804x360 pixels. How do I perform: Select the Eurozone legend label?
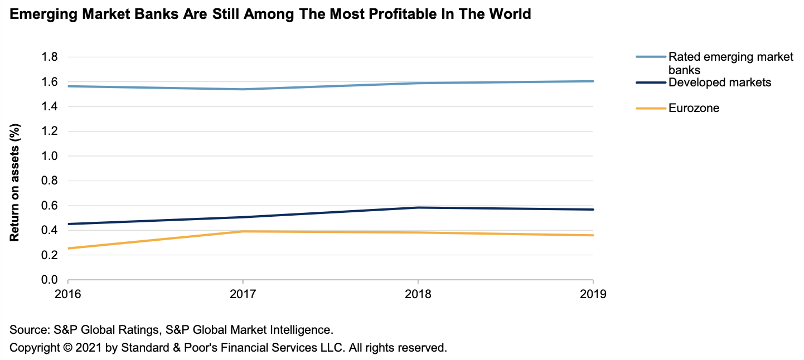pos(694,108)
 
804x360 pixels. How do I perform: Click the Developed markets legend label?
pos(720,82)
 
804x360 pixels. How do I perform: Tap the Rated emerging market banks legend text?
pos(730,63)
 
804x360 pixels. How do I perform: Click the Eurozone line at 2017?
pos(243,231)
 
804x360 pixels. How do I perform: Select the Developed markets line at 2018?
pos(418,208)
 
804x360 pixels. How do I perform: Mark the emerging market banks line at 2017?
pos(243,89)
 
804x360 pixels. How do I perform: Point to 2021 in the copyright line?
pos(88,348)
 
